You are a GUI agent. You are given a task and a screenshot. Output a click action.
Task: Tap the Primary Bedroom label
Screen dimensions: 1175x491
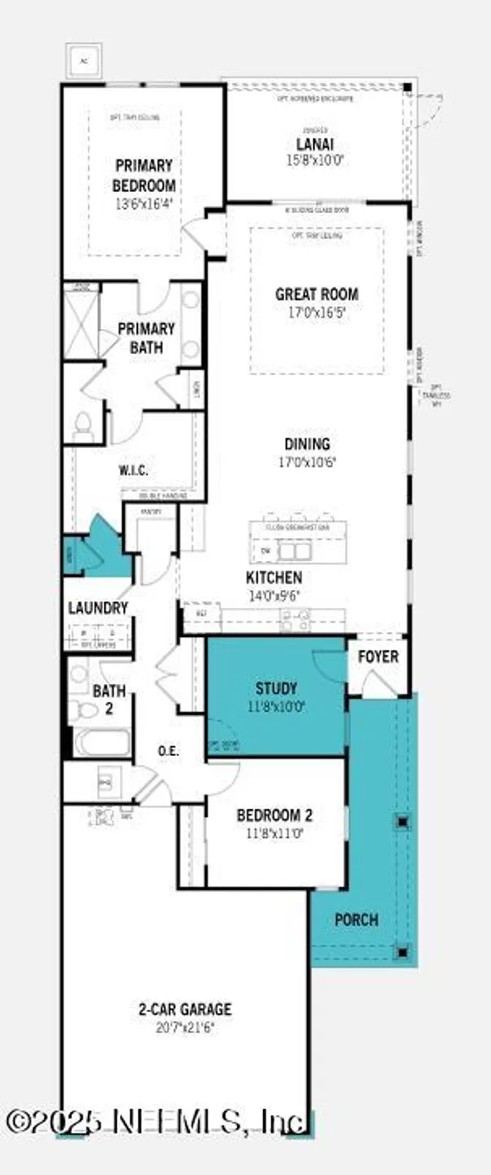tap(143, 175)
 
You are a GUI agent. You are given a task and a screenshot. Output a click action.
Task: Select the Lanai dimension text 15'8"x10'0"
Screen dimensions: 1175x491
tap(314, 161)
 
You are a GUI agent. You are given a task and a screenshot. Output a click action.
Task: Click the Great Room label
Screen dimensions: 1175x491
tap(316, 295)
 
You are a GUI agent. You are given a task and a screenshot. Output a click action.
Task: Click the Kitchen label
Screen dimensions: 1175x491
tap(273, 577)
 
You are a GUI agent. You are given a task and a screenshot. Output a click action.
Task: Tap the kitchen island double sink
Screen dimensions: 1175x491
tap(291, 551)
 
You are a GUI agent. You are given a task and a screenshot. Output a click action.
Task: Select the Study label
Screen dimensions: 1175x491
tap(276, 689)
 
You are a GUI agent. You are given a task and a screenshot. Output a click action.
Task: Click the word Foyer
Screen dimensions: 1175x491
tap(378, 656)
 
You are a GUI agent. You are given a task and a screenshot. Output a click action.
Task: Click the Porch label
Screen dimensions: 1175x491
tap(356, 919)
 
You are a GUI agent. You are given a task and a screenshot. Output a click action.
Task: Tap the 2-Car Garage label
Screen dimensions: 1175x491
tap(185, 1010)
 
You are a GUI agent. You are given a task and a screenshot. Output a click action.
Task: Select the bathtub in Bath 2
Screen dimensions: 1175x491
tap(102, 742)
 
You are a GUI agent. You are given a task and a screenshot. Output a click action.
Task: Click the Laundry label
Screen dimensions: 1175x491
tap(97, 608)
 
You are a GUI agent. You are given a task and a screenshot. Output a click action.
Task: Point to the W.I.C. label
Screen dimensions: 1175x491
tap(133, 470)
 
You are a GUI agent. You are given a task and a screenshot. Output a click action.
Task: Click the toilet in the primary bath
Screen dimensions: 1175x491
tap(82, 425)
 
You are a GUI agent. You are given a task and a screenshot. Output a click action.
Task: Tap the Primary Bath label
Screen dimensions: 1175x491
tap(146, 337)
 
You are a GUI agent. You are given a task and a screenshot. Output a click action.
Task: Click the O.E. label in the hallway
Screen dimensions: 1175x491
tap(168, 750)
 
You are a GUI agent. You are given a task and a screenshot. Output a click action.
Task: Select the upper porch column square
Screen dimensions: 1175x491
tap(403, 822)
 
